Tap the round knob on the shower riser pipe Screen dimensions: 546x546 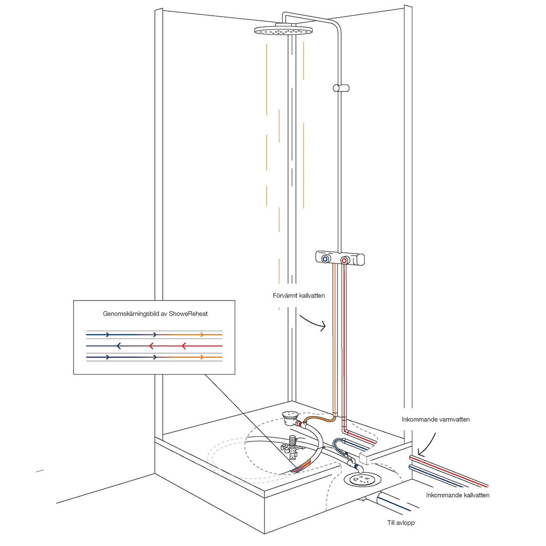(x=341, y=88)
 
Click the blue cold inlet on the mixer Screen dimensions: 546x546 (x=327, y=259)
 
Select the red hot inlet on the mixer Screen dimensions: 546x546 (x=344, y=261)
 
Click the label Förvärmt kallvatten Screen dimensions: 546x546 (x=299, y=295)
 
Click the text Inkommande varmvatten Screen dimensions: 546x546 (x=436, y=419)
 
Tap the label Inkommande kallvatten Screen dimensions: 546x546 (x=458, y=495)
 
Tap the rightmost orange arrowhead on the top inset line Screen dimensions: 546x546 (x=202, y=334)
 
